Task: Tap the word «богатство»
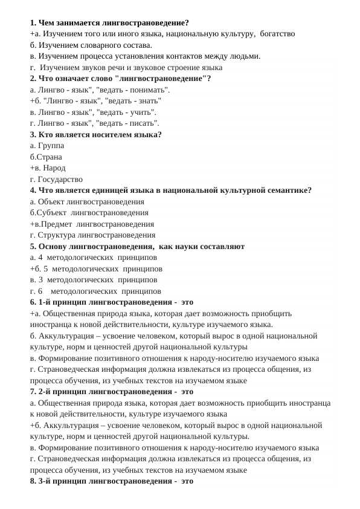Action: [x=275, y=34]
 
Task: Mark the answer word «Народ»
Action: [x=54, y=168]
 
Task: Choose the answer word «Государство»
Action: [x=60, y=180]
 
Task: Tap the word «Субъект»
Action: [x=51, y=213]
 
